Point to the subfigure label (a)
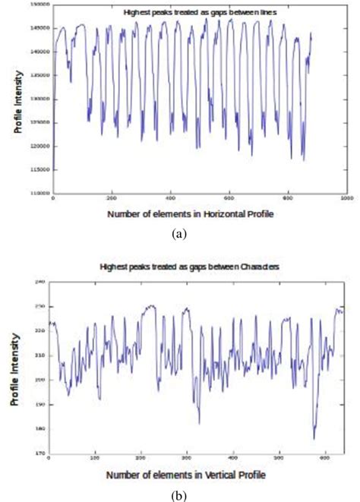179,235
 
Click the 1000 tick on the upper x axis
346,199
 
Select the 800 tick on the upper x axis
287,199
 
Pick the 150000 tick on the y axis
40,5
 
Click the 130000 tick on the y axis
40,99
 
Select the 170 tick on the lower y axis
41,453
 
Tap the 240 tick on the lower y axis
41,282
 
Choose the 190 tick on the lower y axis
41,404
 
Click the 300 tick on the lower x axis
188,459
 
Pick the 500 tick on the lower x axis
280,459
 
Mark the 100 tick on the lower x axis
95,459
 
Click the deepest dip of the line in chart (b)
314,438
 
